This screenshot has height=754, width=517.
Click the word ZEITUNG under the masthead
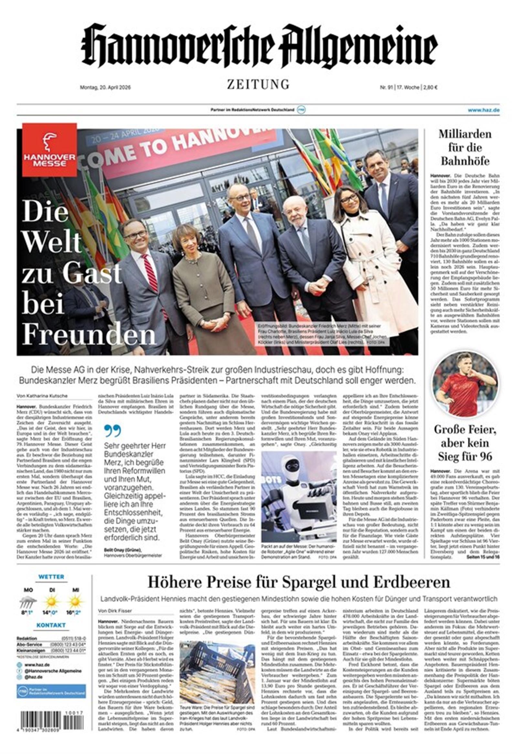coord(258,84)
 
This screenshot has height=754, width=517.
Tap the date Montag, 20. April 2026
coord(105,87)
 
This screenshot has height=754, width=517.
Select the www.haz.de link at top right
coord(483,110)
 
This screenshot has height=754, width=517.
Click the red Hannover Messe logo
coord(50,150)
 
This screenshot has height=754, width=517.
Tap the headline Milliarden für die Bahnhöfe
coord(465,147)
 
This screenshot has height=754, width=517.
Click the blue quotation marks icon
coord(112,430)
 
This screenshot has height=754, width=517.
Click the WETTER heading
coord(51,577)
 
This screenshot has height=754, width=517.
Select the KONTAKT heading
coord(51,625)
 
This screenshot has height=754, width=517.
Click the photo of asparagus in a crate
coord(217,672)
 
